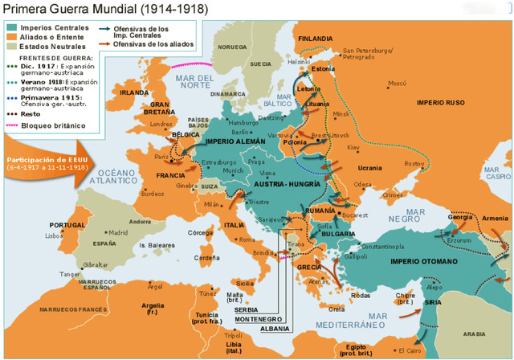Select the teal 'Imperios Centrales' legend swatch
[11, 28]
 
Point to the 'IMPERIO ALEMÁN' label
[236, 141]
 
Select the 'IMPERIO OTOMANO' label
[423, 262]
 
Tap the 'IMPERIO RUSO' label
[440, 102]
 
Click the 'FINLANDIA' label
[316, 39]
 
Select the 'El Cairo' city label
[409, 350]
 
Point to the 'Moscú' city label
[397, 84]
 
